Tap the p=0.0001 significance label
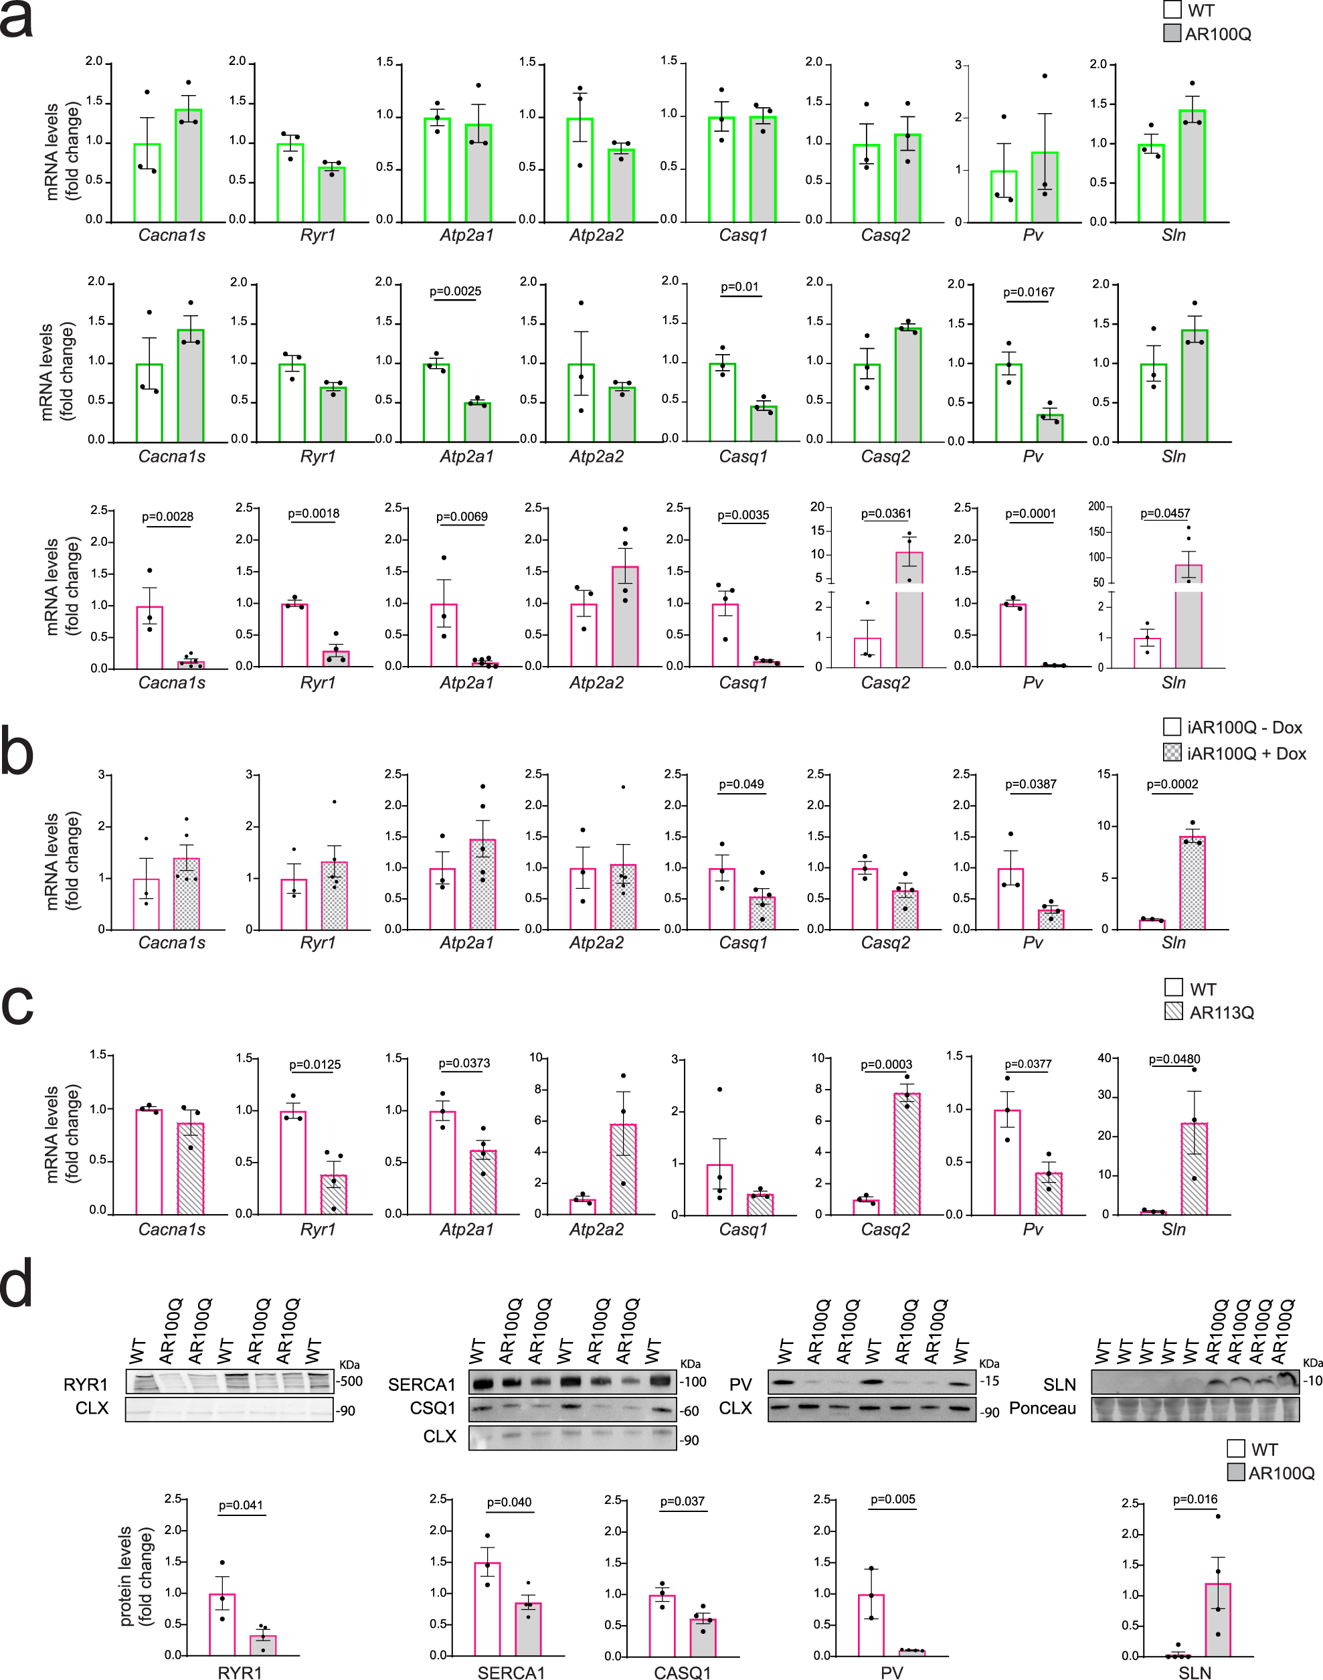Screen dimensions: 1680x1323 click(x=1029, y=513)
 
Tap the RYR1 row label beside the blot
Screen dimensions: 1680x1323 click(x=86, y=1384)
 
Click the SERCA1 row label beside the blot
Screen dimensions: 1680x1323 click(x=422, y=1384)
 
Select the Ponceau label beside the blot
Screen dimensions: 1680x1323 click(x=1042, y=1408)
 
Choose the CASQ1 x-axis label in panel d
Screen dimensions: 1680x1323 click(x=682, y=1672)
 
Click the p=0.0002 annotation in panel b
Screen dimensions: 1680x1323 click(x=1172, y=784)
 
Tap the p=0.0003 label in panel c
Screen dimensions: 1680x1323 click(x=886, y=1064)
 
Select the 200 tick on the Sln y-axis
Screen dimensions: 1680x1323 click(x=1096, y=507)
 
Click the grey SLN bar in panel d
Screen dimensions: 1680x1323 click(x=1218, y=1619)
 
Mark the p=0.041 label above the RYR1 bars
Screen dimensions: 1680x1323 click(x=240, y=1505)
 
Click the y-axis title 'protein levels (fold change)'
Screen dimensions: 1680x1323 click(x=136, y=1576)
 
